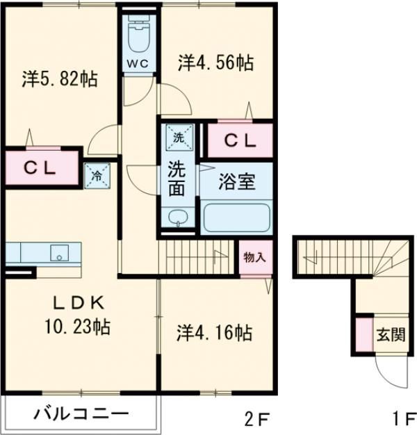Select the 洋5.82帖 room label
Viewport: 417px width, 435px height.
tap(58, 79)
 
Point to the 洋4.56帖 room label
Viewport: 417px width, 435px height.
tap(214, 63)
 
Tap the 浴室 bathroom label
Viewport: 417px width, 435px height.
tap(238, 183)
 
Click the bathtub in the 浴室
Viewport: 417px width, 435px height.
tap(236, 217)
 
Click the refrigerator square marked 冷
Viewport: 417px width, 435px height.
tap(97, 175)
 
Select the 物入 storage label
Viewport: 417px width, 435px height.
tap(254, 256)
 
